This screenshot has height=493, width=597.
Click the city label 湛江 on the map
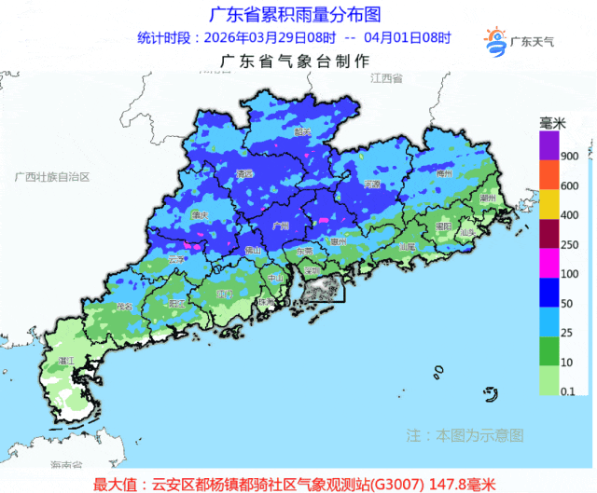(x=65, y=359)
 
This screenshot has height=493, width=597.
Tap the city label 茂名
(x=123, y=307)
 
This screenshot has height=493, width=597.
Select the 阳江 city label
(x=174, y=304)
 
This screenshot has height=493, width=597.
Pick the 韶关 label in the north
(x=301, y=132)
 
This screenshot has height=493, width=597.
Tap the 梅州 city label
(x=444, y=172)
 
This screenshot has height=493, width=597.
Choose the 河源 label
(x=372, y=185)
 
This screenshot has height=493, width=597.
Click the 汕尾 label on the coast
(x=406, y=248)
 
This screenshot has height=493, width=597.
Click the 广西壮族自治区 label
(x=52, y=176)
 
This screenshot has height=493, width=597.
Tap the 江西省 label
(x=384, y=81)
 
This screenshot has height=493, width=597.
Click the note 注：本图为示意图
(x=465, y=434)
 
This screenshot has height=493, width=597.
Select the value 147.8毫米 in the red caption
(x=466, y=484)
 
